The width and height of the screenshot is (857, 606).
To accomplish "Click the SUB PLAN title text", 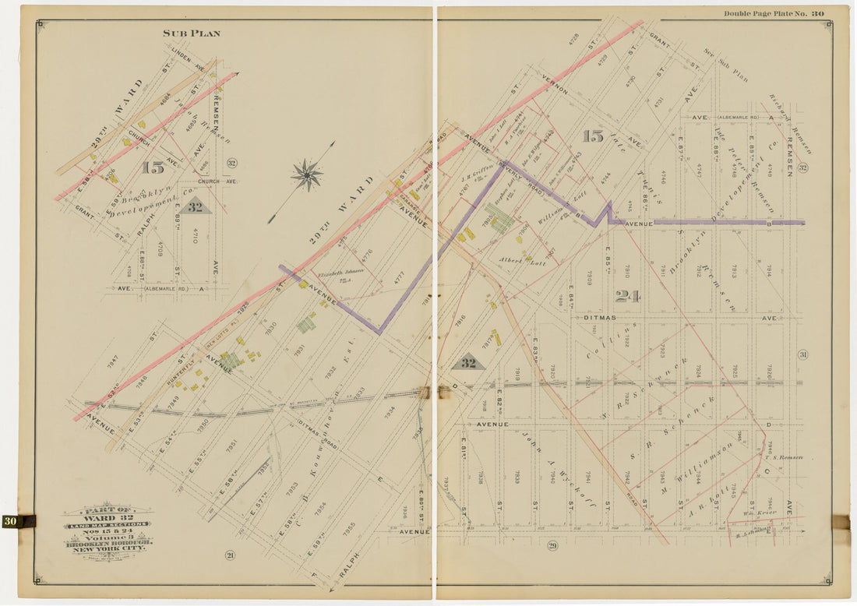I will (191, 33).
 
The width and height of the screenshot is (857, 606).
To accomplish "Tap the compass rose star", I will (307, 175).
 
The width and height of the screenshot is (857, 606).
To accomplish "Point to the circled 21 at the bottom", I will (230, 555).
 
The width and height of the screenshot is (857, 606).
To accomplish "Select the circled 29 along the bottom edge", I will (552, 544).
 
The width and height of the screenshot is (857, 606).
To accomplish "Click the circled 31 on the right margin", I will (802, 354).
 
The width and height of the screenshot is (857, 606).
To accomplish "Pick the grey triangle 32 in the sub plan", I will (195, 207).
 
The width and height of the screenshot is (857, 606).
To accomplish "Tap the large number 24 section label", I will (627, 296).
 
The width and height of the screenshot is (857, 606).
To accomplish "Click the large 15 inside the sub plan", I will (152, 167).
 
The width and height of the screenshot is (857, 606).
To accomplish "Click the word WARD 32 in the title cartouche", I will (108, 519).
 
